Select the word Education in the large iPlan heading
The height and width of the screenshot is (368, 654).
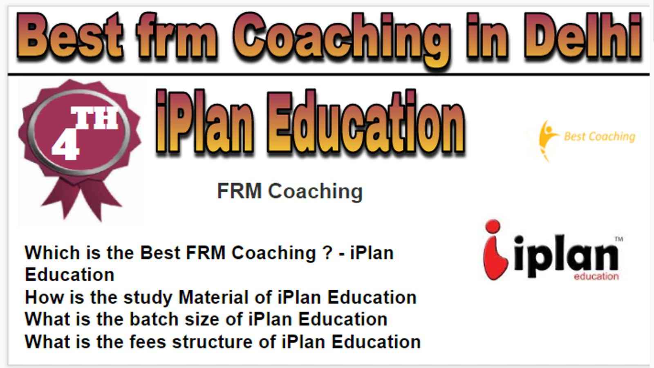tap(366, 123)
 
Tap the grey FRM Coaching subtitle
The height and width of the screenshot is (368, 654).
tap(290, 192)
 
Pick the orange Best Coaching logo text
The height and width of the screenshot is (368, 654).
tap(600, 137)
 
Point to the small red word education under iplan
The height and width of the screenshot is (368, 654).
tap(596, 276)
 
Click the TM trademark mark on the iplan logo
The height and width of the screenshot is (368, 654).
tap(619, 239)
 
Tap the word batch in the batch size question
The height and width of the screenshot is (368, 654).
tap(154, 319)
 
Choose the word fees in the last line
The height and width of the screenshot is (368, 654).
tap(148, 342)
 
